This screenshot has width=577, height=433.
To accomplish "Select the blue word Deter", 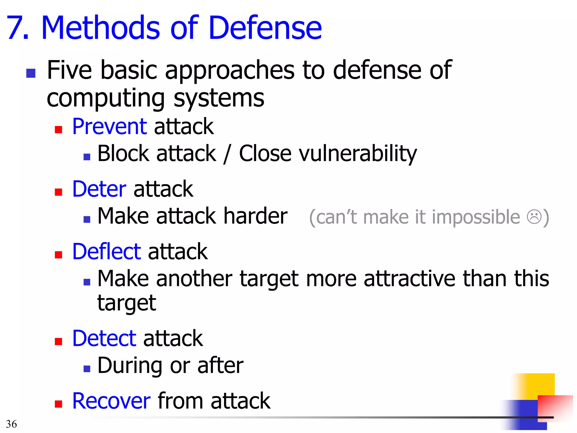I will click(x=99, y=189).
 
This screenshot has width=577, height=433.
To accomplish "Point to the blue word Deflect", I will click(x=106, y=251).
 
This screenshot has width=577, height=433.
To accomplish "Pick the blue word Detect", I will click(x=104, y=338).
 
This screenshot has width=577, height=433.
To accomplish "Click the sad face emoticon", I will click(x=534, y=217).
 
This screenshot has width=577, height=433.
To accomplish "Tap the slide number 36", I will click(x=11, y=424).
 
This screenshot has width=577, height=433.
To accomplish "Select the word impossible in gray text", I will click(x=476, y=217).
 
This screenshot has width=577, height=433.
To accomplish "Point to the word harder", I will click(x=255, y=216).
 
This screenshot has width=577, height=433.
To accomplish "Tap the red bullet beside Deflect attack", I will click(x=58, y=255).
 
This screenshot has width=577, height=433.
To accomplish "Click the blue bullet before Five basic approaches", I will click(x=31, y=73).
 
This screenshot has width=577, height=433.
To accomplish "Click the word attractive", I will click(x=409, y=279).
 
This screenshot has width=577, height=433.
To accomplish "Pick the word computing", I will click(x=106, y=99).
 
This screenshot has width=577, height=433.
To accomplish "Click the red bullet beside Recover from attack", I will click(x=58, y=404).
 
